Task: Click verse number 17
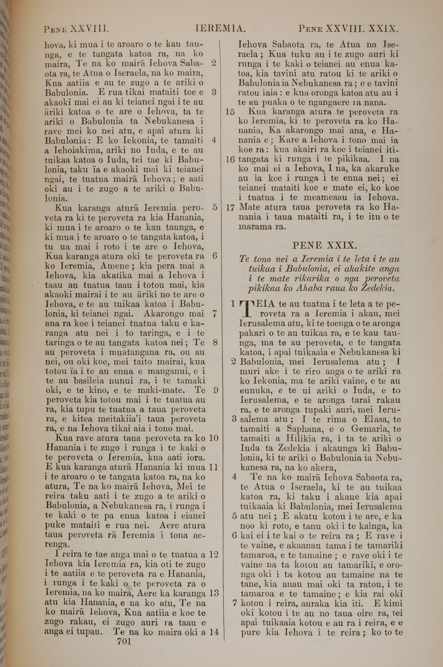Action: point(231,208)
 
